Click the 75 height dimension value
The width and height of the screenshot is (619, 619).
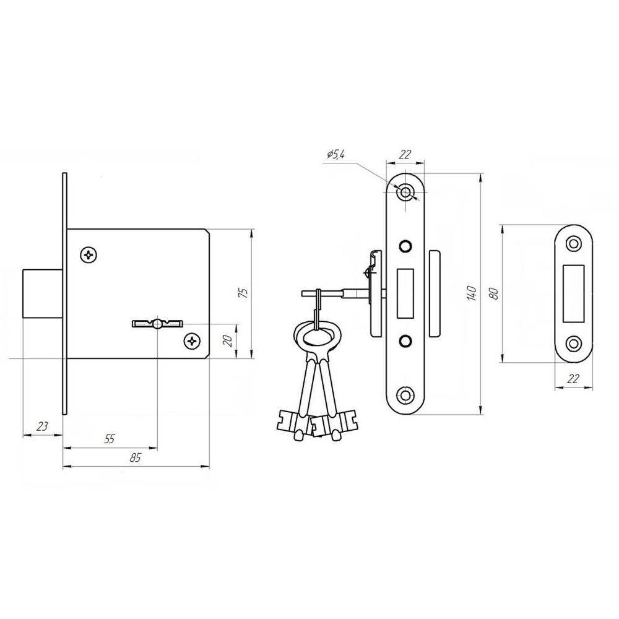(245, 293)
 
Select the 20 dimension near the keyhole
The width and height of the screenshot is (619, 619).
(227, 340)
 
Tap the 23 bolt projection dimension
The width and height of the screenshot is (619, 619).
(42, 426)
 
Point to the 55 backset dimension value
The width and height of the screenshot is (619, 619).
(110, 439)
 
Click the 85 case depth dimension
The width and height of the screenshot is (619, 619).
(135, 457)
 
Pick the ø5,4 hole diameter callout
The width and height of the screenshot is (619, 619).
(336, 154)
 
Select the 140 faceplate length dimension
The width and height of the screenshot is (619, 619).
(471, 293)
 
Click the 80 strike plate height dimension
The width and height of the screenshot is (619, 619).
(495, 293)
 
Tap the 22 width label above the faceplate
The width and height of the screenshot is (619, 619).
(404, 154)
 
